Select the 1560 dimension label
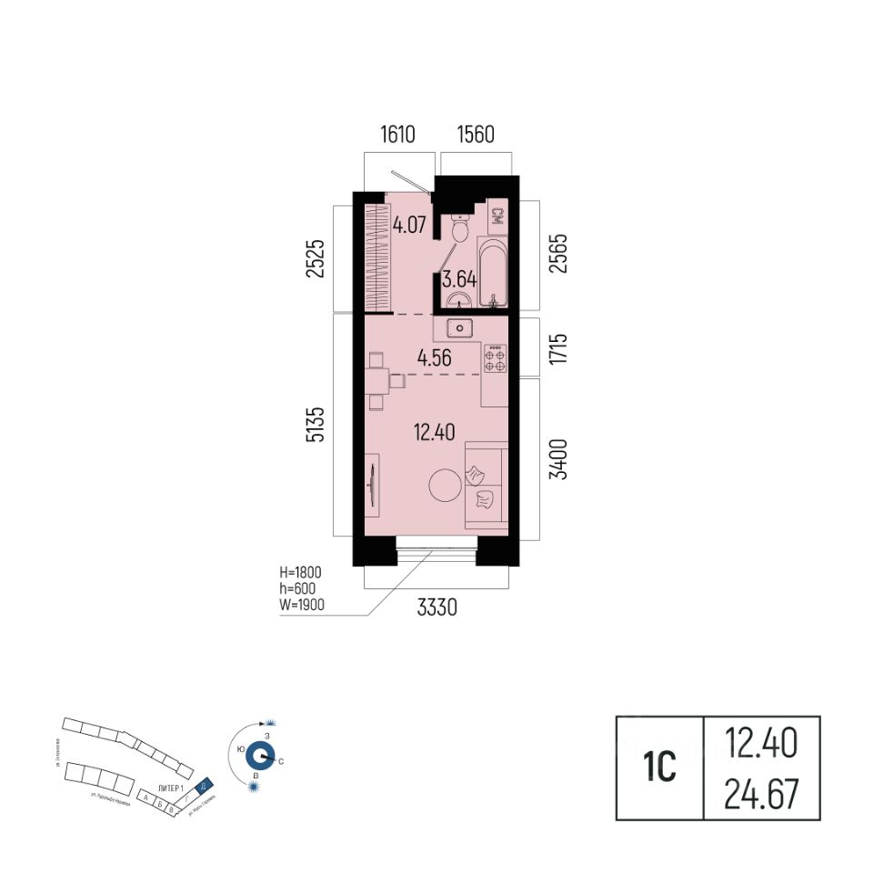tap(474, 136)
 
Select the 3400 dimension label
tap(559, 458)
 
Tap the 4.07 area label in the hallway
tap(410, 223)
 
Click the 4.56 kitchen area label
tap(435, 358)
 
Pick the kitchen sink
tap(461, 327)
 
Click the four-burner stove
tap(496, 357)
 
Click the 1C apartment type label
tap(661, 768)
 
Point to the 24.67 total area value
tap(762, 796)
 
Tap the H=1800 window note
tap(302, 574)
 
